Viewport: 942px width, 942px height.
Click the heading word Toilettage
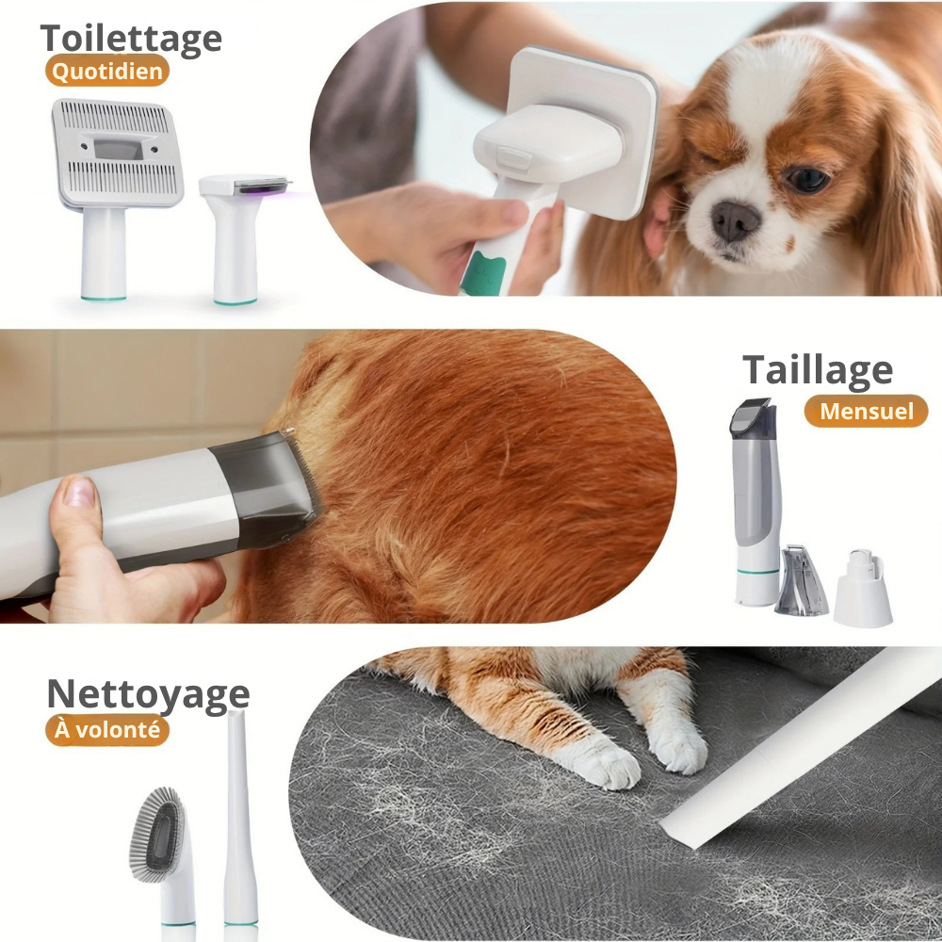[x=131, y=40]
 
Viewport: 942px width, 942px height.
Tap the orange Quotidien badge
[x=107, y=71]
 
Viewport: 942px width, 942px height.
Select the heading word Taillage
[x=818, y=370]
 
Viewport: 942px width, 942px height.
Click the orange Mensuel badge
[x=866, y=411]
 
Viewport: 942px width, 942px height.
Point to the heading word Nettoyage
[x=148, y=695]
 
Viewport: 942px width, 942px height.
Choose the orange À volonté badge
[x=107, y=729]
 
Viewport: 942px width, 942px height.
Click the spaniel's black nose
[x=735, y=219]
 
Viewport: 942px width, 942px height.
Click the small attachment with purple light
[x=243, y=238]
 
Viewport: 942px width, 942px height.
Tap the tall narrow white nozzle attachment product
[x=241, y=823]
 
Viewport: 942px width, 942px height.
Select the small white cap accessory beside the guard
[x=863, y=587]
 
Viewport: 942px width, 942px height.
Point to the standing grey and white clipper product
[x=755, y=502]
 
